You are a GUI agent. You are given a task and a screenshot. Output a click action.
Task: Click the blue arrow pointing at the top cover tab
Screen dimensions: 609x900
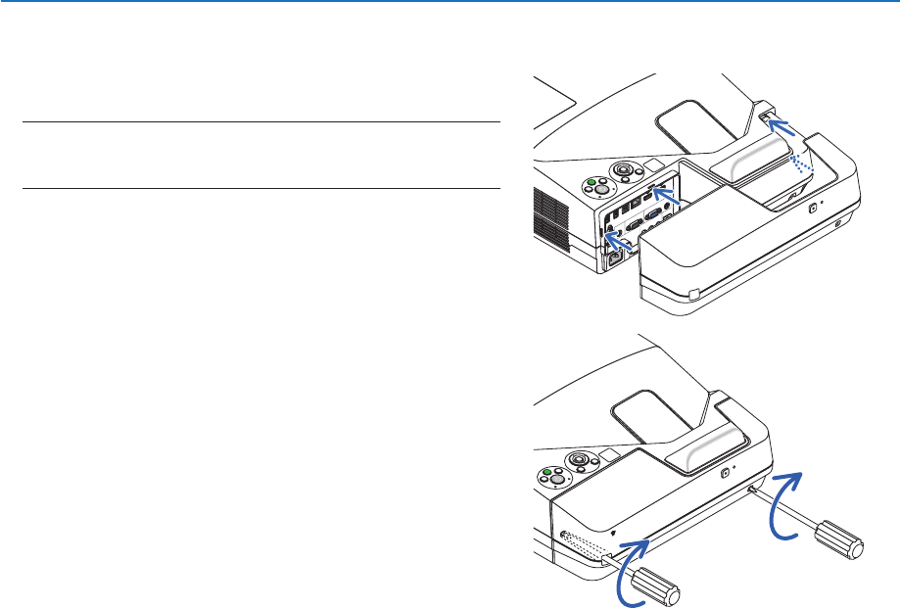pos(782,127)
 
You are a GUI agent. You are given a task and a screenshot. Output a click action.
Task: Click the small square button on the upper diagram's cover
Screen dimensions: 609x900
pos(811,208)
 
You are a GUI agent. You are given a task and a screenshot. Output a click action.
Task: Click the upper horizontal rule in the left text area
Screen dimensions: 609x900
pos(261,122)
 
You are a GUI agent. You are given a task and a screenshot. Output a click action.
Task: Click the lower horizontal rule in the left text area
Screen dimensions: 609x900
pos(261,189)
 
